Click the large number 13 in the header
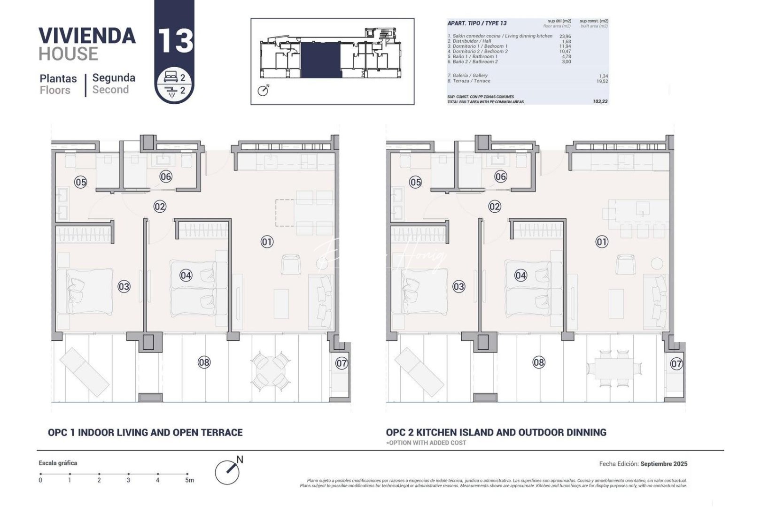coord(175,41)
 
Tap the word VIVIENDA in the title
coord(87,36)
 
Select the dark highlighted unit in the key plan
coord(320,60)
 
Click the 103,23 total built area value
coord(600,101)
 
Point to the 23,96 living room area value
coord(565,36)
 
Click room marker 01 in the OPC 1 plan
coord(267,242)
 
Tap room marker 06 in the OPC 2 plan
coord(501,177)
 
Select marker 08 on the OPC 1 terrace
coord(204,362)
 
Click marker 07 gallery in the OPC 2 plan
coord(676,363)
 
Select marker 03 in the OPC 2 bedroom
coord(458,286)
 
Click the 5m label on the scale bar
coord(189,480)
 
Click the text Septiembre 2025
coord(664,464)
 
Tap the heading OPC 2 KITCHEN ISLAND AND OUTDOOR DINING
coord(496,432)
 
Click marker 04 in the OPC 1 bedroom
coord(186,275)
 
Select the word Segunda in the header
coord(114,78)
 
